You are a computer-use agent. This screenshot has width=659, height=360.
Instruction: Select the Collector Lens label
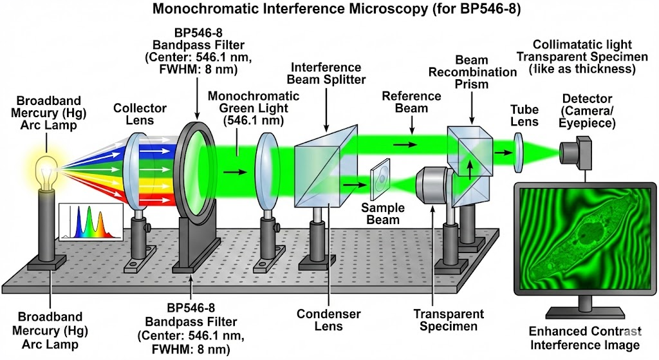click(140, 115)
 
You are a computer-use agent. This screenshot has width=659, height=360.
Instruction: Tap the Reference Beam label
click(411, 102)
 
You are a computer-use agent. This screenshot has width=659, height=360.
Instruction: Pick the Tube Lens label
click(524, 116)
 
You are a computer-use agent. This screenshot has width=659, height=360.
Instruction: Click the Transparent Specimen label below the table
click(449, 319)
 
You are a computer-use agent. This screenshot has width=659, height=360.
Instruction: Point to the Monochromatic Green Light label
click(254, 108)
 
